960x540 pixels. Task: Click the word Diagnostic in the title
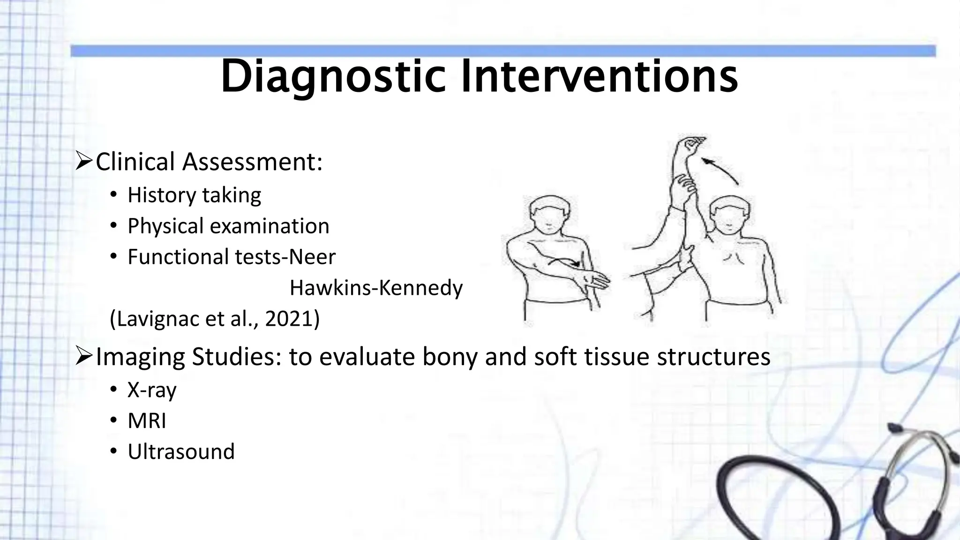(x=333, y=76)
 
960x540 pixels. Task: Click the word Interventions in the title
(x=599, y=76)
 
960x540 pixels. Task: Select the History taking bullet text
(x=194, y=195)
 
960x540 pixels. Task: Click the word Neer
(x=312, y=257)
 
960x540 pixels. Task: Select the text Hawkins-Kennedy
(x=376, y=288)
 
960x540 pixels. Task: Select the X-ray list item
(x=152, y=390)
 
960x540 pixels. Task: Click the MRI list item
(x=147, y=420)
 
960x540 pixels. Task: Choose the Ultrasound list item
(x=181, y=451)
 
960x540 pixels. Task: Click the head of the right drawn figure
(x=729, y=217)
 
